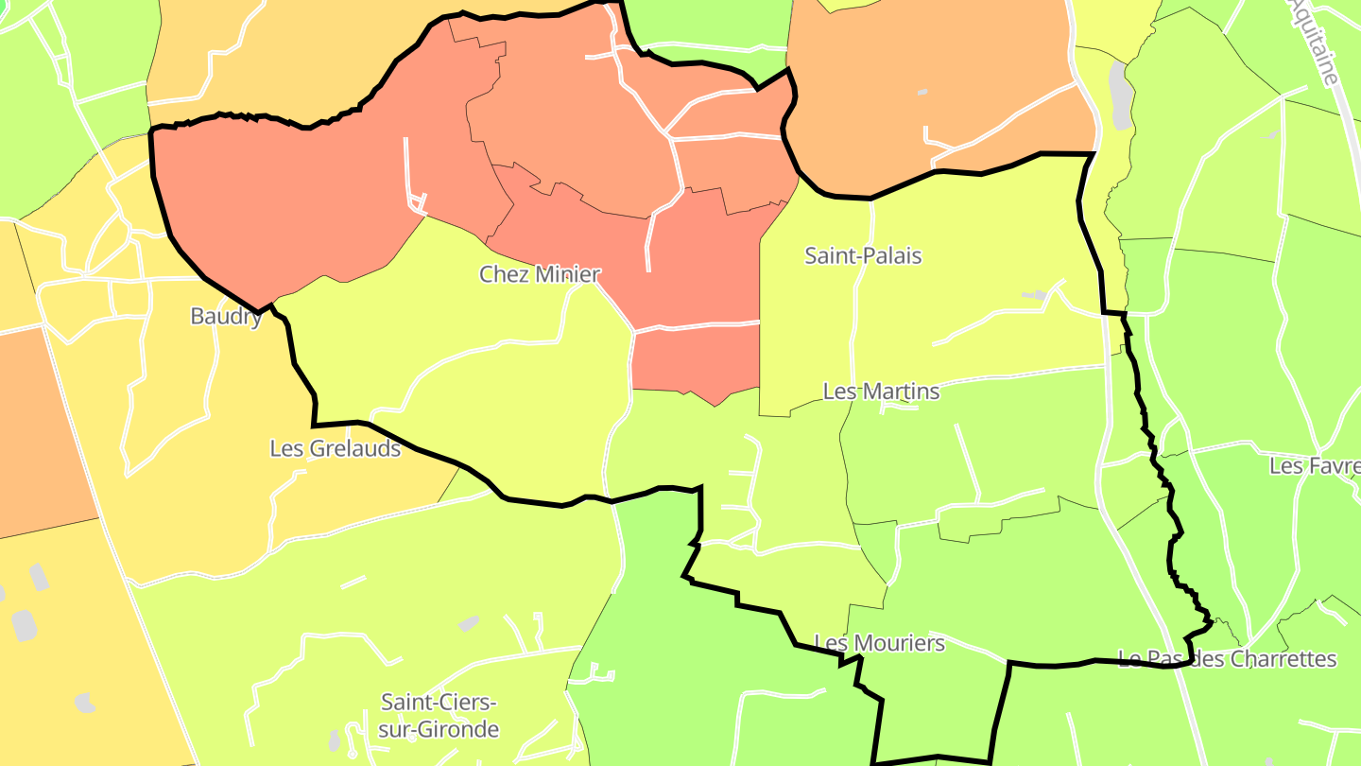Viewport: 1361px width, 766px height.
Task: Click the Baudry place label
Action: pos(226,316)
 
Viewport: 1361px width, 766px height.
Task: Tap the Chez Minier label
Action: pos(540,274)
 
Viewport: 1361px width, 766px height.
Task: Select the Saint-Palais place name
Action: pos(863,255)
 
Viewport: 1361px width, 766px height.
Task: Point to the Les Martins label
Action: pos(881,391)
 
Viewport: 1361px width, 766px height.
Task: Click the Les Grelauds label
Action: pos(335,448)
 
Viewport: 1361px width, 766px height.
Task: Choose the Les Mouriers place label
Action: pos(879,643)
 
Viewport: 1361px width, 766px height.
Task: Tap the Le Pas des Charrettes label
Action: pos(1227,658)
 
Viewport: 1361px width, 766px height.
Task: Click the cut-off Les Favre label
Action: pos(1314,465)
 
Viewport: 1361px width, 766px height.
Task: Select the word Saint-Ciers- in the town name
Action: pos(438,702)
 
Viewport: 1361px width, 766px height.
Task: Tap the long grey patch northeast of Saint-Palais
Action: pos(1121,96)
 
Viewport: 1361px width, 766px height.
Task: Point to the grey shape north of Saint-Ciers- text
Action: pos(468,623)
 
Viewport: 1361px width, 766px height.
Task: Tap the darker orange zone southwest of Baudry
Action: pos(38,426)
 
